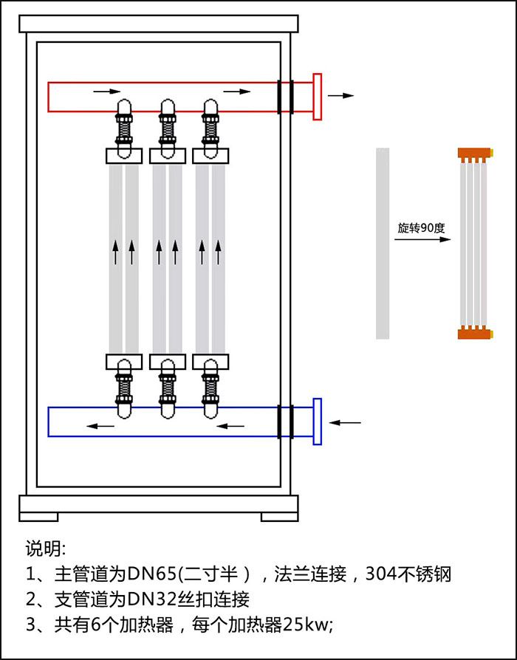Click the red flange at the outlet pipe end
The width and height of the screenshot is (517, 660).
(318, 97)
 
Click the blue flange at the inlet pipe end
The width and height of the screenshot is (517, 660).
(318, 422)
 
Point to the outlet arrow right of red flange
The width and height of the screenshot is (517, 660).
(340, 96)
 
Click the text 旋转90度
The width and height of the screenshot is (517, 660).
(421, 228)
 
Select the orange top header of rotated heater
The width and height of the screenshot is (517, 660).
(473, 154)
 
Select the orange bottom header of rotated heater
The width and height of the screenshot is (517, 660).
(473, 333)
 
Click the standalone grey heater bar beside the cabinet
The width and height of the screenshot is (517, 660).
(383, 244)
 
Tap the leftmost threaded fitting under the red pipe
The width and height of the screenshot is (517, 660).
(124, 130)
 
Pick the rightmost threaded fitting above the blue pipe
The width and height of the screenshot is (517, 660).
(211, 385)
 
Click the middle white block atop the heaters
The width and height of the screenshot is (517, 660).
(168, 156)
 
